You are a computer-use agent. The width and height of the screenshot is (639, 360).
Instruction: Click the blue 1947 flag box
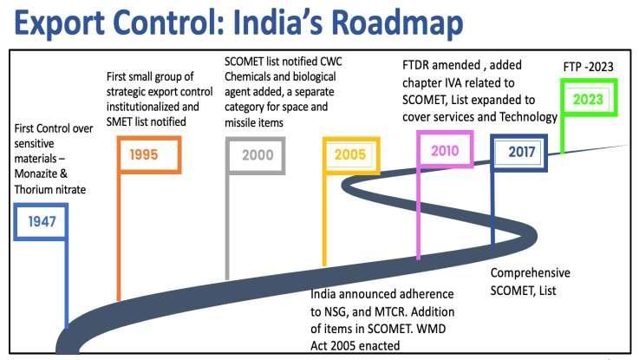[x=42, y=220]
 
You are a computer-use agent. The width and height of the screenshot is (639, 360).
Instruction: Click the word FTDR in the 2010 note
[x=420, y=68]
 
